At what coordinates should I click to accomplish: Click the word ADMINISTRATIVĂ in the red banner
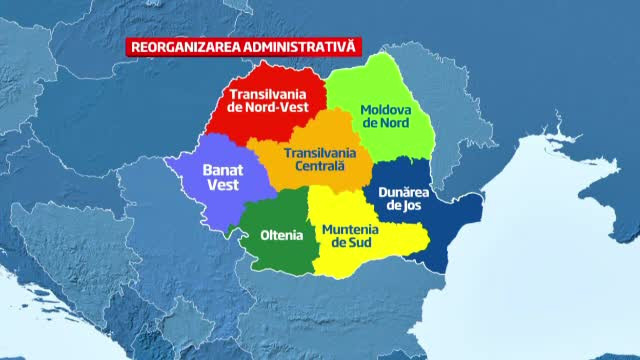click(x=297, y=46)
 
